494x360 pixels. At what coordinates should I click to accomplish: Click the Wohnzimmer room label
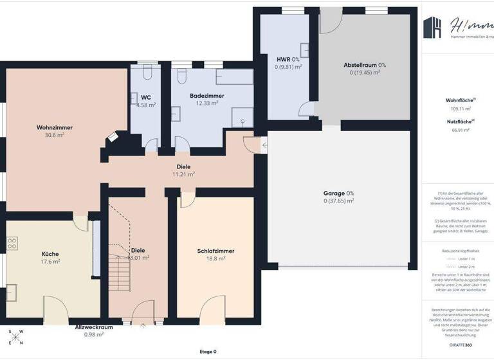click(54, 127)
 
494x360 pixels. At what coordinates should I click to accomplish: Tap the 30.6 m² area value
click(54, 136)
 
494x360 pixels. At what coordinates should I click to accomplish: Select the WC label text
click(146, 97)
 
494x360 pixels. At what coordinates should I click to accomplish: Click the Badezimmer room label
click(206, 95)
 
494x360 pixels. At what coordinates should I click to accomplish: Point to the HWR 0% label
click(288, 59)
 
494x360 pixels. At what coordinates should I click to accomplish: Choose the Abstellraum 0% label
click(365, 65)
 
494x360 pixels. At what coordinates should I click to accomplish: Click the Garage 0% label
click(338, 193)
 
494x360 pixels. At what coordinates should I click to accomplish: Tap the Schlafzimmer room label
click(215, 251)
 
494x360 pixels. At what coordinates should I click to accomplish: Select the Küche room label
click(50, 253)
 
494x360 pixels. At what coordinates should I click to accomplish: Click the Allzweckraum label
click(94, 327)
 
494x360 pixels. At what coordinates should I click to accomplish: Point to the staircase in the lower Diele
click(120, 270)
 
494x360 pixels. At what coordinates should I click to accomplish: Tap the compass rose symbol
click(15, 337)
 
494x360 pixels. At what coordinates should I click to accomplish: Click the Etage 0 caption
click(208, 352)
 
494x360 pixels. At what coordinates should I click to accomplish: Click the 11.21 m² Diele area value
click(183, 174)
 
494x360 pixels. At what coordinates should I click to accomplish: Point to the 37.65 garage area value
click(338, 201)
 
